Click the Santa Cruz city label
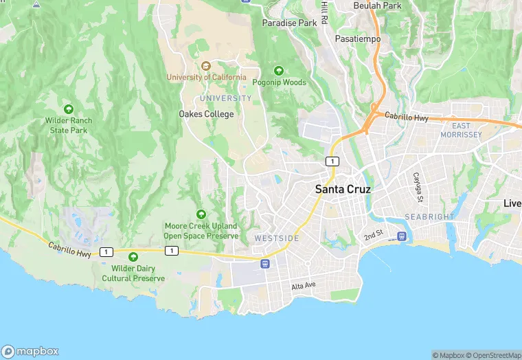[343, 188]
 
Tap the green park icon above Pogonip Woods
[279, 71]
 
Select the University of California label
[206, 77]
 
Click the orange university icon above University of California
[205, 66]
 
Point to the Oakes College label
[206, 114]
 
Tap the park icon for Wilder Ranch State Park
[69, 109]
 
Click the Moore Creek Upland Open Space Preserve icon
[201, 214]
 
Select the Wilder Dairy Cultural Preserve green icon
[133, 256]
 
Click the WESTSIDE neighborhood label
[277, 238]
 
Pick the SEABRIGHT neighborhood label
[429, 216]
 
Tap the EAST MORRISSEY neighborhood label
[466, 131]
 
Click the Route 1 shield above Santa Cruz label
[332, 161]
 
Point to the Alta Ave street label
[303, 286]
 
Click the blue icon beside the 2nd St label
[402, 236]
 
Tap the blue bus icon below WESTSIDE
[265, 264]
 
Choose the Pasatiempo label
[357, 39]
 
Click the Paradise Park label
[290, 23]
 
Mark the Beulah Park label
[377, 5]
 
